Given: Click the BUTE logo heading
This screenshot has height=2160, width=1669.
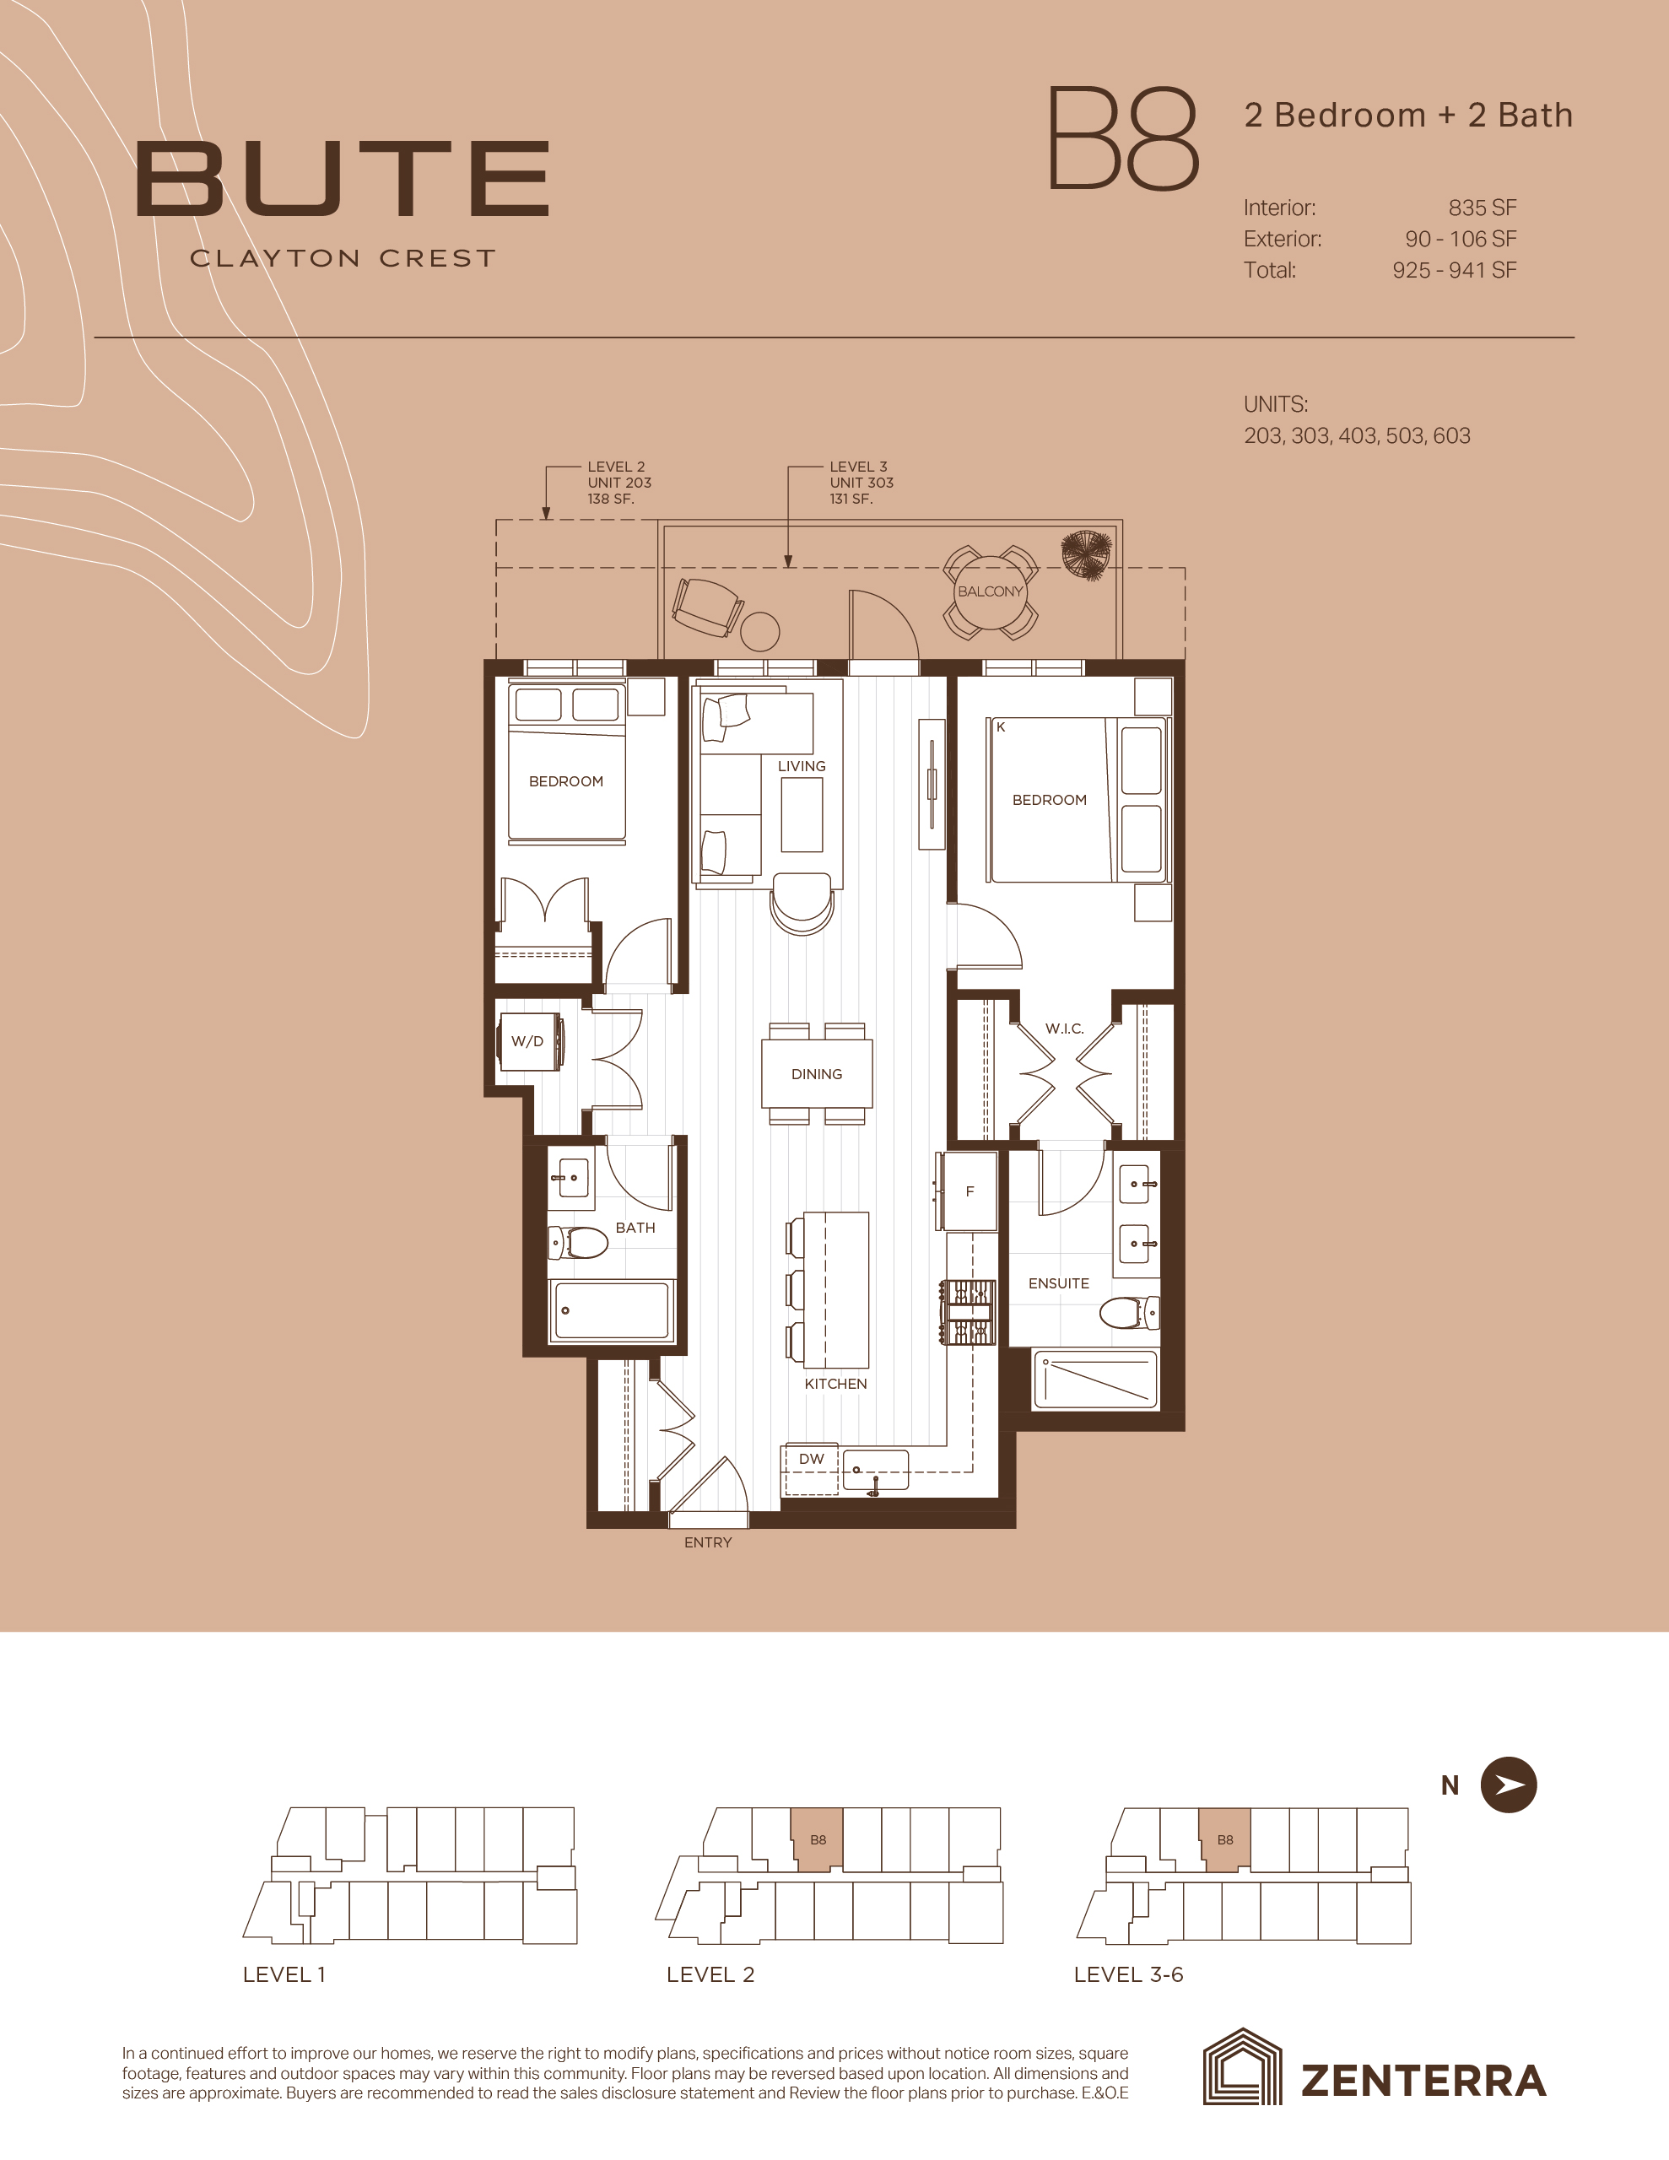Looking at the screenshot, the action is pyautogui.click(x=343, y=178).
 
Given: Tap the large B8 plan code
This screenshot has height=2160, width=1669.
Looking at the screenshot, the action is pyautogui.click(x=1123, y=138).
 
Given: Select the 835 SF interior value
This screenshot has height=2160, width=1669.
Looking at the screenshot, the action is pyautogui.click(x=1482, y=208).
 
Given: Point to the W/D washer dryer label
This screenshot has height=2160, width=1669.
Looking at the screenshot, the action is pyautogui.click(x=527, y=1041).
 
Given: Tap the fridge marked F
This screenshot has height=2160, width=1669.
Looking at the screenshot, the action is pyautogui.click(x=970, y=1191).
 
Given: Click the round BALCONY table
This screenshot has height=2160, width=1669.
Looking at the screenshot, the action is pyautogui.click(x=991, y=591).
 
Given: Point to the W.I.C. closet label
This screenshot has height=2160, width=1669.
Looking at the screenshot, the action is pyautogui.click(x=1065, y=1029).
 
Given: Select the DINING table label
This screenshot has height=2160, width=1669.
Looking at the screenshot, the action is pyautogui.click(x=817, y=1074).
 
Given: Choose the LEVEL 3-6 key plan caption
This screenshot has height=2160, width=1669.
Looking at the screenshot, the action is pyautogui.click(x=1129, y=1974).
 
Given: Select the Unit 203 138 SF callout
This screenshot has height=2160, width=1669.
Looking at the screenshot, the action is pyautogui.click(x=619, y=483).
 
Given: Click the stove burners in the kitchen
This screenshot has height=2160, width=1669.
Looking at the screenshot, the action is pyautogui.click(x=968, y=1311).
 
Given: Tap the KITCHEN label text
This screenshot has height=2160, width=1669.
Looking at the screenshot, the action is pyautogui.click(x=836, y=1384).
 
